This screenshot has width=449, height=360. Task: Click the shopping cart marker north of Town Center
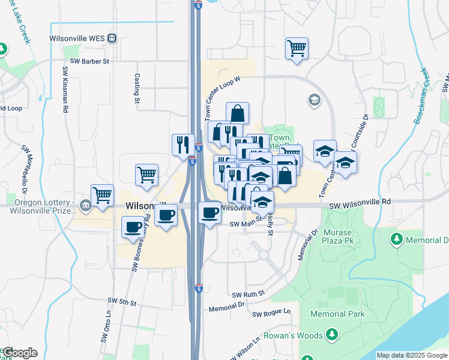pos(297,47)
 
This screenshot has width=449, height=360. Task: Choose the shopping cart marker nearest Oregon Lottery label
pos(103,194)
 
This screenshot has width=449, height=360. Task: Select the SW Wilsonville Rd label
pos(360,205)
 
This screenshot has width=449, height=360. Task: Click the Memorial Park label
pos(337,314)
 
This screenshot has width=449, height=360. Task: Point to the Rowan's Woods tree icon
pos(332,335)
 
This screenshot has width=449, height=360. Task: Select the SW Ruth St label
pos(249,295)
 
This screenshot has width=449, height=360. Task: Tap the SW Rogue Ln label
pos(271,313)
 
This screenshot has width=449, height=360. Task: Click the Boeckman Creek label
pos(421,95)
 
